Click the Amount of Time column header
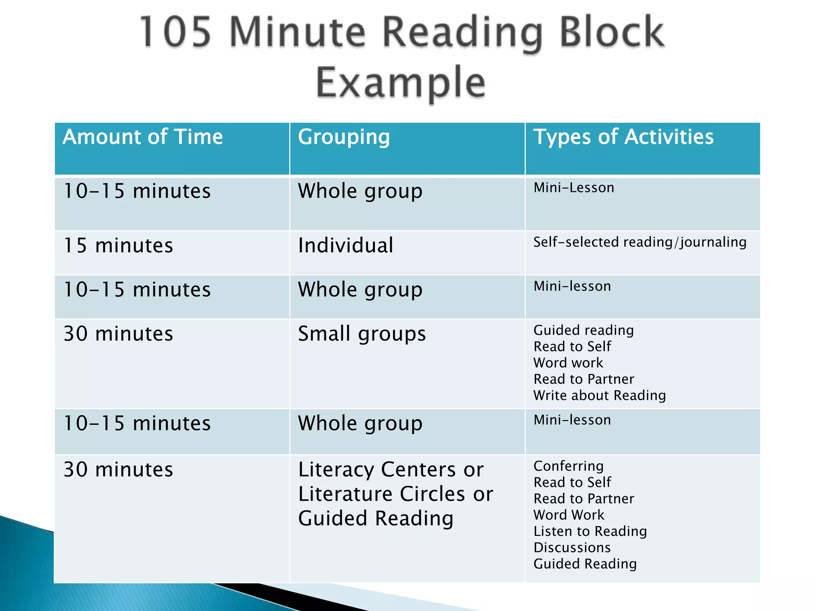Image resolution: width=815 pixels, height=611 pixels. point(142,137)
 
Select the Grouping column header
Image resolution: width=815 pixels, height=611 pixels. point(344,137)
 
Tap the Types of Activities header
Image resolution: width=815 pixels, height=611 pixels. point(623,137)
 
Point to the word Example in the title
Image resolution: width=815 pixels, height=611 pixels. point(401,82)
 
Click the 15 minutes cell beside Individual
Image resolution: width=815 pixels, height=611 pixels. point(118,245)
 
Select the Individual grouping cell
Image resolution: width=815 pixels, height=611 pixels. point(345,245)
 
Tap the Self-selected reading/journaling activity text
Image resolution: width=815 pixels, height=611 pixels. point(640,242)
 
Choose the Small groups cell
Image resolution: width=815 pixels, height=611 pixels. point(362,333)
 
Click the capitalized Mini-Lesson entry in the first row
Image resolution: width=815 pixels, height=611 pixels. point(573,187)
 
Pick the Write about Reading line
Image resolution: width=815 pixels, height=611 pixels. point(599,395)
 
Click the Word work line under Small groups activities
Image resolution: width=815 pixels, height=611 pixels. point(568,363)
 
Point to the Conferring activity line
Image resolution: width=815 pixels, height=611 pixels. point(568,466)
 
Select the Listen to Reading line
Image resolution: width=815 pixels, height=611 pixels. point(590,531)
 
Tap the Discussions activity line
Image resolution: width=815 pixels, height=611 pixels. point(572,547)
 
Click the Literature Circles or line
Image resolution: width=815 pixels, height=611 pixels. point(396,494)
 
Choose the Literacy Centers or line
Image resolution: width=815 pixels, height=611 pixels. point(391,469)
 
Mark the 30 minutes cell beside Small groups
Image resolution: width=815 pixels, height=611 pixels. point(118,333)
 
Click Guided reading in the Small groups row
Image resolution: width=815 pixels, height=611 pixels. point(583,330)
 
